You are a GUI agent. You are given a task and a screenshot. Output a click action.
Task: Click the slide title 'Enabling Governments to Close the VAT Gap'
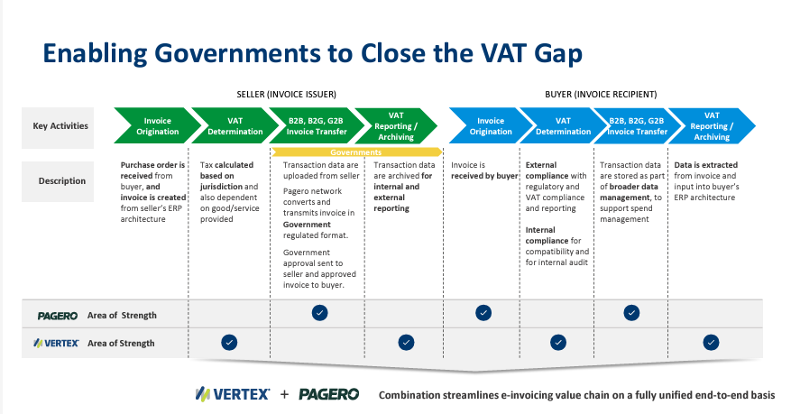pos(313,51)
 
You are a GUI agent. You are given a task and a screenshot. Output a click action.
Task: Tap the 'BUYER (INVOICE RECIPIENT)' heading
pos(601,94)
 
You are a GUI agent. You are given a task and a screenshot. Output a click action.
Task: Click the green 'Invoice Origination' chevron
pos(151,126)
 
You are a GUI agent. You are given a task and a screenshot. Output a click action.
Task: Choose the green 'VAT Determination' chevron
pos(229,126)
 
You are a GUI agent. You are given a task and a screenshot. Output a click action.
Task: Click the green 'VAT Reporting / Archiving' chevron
pos(394,126)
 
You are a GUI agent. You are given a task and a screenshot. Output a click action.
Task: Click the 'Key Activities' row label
pos(61,125)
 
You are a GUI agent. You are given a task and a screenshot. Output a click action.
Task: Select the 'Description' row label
pos(61,180)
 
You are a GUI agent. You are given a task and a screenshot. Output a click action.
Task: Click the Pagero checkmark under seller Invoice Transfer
pos(319,313)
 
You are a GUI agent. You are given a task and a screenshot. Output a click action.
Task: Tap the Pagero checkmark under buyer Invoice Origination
pos(484,313)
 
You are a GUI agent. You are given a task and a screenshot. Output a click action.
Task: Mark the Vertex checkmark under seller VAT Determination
pos(229,342)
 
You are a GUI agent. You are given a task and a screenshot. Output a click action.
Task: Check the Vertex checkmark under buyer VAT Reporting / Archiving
pos(711,342)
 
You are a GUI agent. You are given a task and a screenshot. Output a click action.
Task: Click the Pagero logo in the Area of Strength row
pos(58,316)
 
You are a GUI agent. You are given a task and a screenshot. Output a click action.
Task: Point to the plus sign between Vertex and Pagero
pos(284,394)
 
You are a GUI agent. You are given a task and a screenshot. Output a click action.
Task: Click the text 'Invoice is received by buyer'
pos(484,170)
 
